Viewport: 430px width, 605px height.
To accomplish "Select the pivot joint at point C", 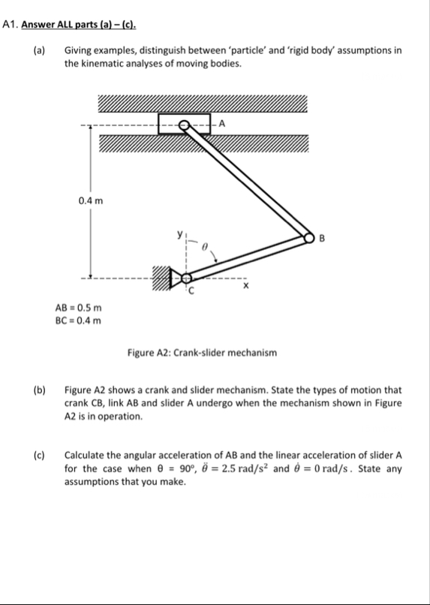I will (185, 275).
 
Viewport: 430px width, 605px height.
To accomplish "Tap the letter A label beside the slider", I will (222, 124).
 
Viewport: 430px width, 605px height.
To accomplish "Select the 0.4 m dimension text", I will (90, 200).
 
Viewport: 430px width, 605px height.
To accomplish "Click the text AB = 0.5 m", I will (79, 309).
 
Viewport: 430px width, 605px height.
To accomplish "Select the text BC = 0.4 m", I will (79, 321).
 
